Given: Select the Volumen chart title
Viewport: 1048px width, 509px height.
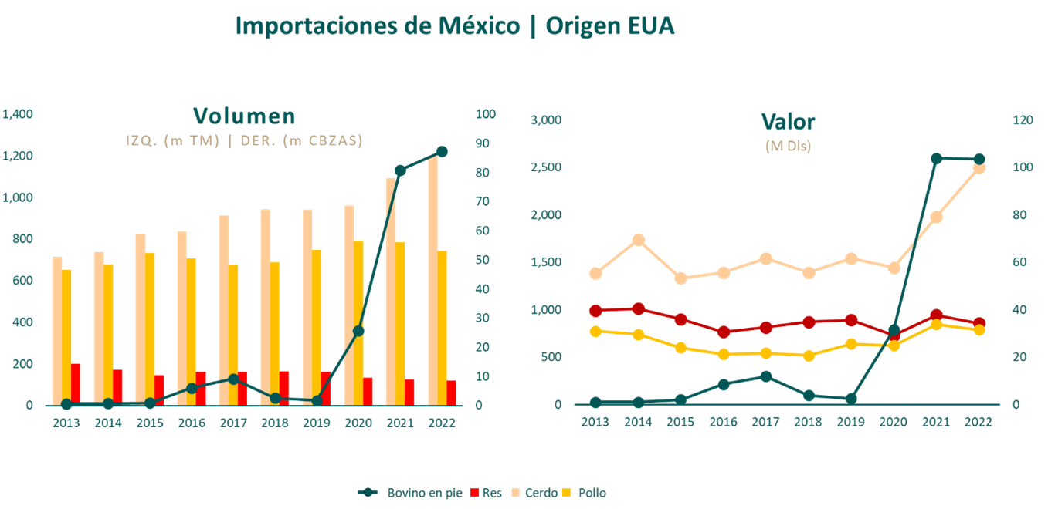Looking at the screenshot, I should pos(244,116).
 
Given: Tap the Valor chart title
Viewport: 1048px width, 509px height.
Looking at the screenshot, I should pos(788,121).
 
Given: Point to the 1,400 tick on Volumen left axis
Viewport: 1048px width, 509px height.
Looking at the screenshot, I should pos(18,114).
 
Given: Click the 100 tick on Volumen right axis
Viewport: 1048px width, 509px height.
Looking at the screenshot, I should pos(485,114).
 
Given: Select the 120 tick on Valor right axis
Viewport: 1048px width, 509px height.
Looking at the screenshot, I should pos(1023,120).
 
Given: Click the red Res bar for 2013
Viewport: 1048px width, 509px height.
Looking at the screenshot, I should pos(76,384).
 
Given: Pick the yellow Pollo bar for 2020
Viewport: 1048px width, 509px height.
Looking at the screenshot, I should pos(359,322).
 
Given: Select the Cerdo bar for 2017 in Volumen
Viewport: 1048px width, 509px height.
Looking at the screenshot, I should pos(223,310).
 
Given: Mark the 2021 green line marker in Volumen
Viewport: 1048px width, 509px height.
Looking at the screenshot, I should pos(400,170).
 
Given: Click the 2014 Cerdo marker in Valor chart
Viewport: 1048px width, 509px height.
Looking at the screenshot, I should pos(638,240).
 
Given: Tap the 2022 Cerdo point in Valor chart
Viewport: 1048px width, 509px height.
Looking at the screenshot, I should pos(978,168).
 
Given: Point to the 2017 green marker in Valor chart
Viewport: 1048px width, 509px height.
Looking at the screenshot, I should pos(765,376).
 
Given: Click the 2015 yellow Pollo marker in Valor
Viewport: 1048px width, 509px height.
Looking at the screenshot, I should pos(680,348).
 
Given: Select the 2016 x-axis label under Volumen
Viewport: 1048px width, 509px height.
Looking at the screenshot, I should pos(191,423).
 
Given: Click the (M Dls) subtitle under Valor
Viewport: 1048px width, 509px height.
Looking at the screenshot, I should pos(788,146).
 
